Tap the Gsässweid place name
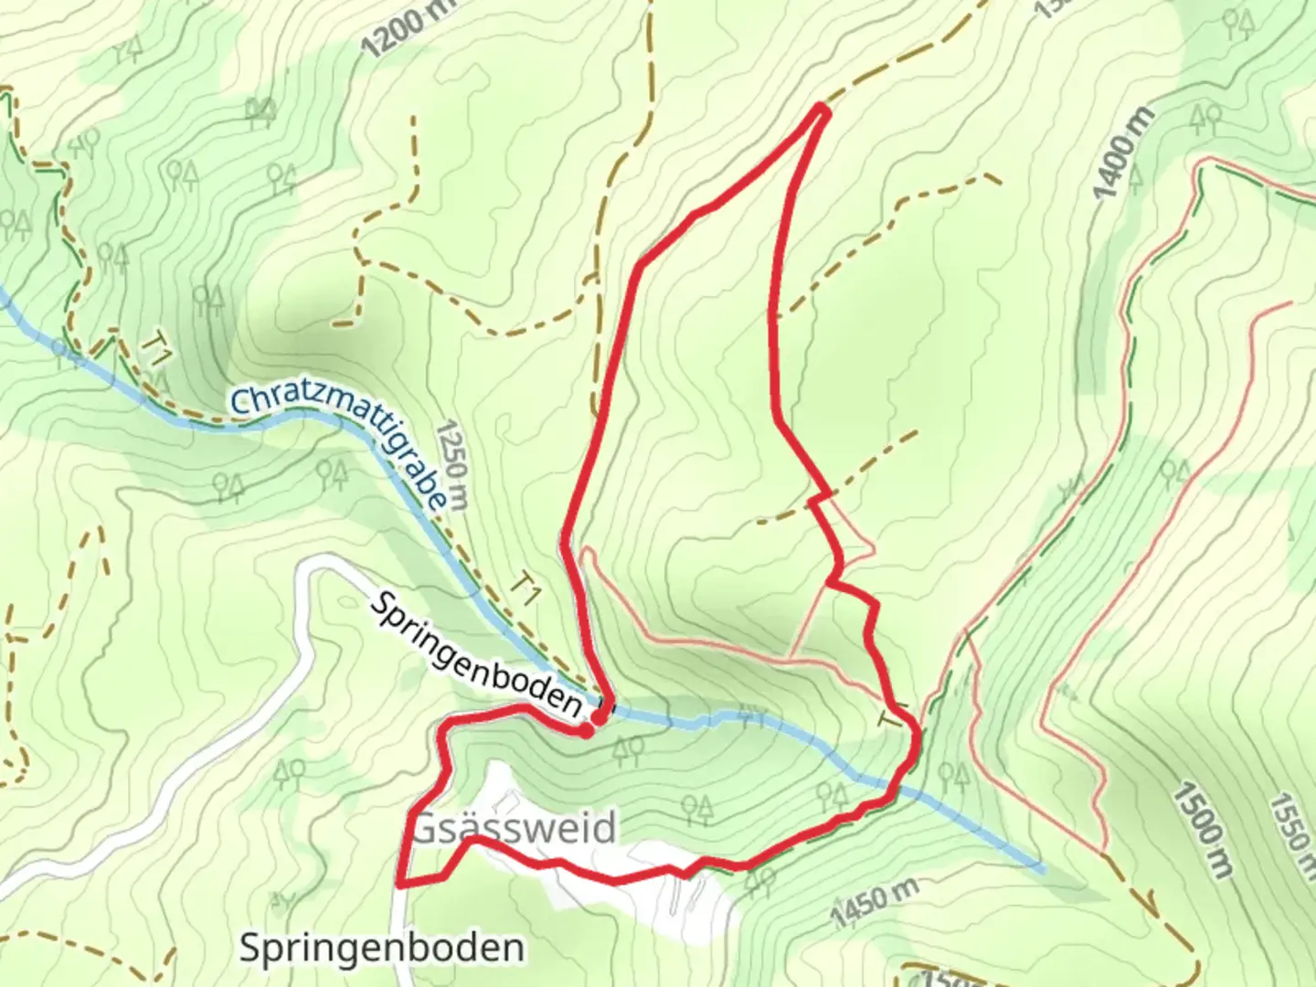click(x=515, y=829)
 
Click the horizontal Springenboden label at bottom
click(x=382, y=948)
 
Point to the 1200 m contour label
click(x=407, y=30)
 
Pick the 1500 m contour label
click(x=1204, y=830)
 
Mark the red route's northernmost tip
click(x=821, y=111)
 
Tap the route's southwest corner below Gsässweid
click(x=401, y=884)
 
